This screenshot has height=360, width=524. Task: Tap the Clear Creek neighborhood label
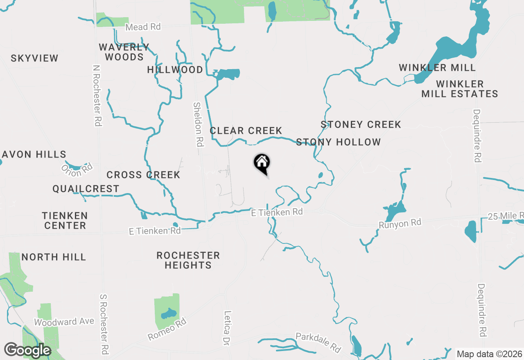pos(246,131)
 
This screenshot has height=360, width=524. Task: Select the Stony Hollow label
pos(338,142)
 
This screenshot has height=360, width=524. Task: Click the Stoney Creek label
pos(361,124)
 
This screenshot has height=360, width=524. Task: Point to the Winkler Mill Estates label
pos(460,89)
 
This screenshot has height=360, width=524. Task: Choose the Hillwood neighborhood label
pos(175,70)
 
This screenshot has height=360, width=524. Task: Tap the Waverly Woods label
pos(124,52)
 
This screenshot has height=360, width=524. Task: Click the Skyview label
pos(35,59)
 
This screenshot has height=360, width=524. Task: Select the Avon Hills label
pos(34,155)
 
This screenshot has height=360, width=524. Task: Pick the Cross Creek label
pos(143,175)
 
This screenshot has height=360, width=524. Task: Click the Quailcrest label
pos(86,189)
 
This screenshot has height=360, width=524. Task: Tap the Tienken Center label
pos(65,220)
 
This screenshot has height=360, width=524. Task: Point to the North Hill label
pos(54,257)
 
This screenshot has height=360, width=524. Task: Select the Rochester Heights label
pos(188,260)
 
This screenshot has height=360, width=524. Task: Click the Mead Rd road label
pos(143,27)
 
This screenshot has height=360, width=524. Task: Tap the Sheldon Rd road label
pos(198,124)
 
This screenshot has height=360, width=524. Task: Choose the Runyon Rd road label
pos(400,223)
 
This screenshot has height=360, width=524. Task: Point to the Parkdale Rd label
pos(318,343)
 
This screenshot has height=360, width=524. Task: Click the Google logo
pos(27,351)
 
